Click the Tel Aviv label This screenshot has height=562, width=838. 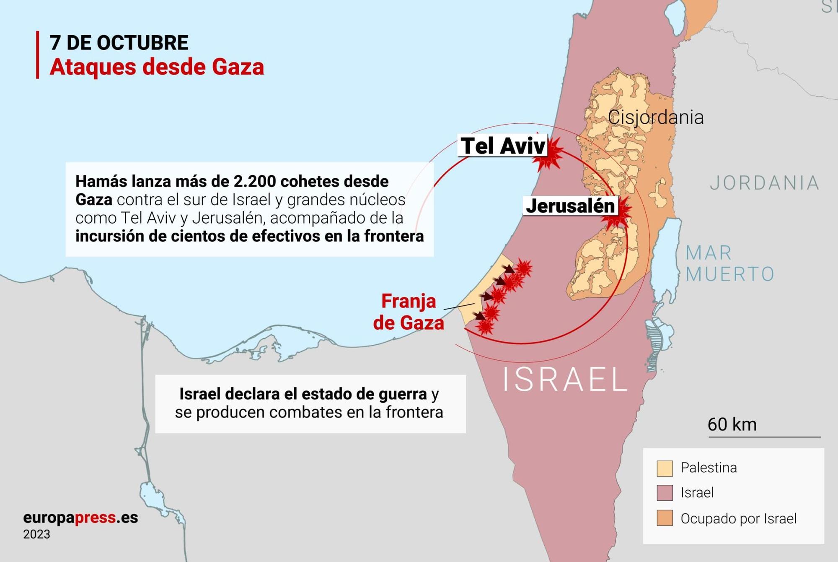pos(503,146)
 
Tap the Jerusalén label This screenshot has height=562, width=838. pos(570,206)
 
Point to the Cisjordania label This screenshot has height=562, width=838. pos(655,117)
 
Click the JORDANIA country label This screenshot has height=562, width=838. pos(765,183)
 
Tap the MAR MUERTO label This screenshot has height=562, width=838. pos(729,263)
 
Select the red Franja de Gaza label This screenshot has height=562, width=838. pos(409,312)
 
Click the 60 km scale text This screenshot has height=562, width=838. pos(732,424)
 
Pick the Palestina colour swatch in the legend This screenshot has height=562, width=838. pos(665,468)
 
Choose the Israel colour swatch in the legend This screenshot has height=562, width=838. pos(665,493)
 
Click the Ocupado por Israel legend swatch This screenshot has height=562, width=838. pos(665,518)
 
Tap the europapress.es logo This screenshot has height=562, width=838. pos(80,518)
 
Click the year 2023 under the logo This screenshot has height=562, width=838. pos(37,535)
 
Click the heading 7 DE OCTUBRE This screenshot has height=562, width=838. pos(119,43)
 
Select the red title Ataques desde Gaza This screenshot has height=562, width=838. pos(157,67)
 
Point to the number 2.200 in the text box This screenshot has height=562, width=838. pos(254,182)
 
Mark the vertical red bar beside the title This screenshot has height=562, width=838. pos(38,55)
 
